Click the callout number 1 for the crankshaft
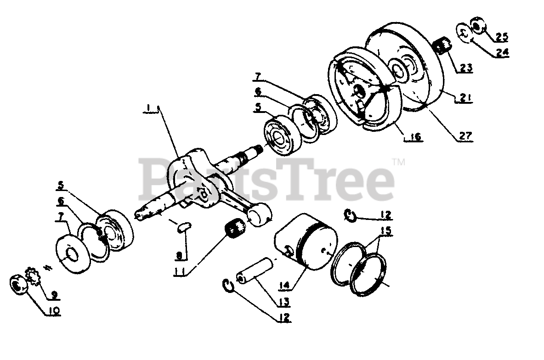pyautogui.click(x=148, y=108)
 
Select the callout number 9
pyautogui.click(x=54, y=295)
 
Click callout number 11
pyautogui.click(x=179, y=271)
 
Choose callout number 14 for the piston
pyautogui.click(x=284, y=285)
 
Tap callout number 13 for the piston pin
pyautogui.click(x=283, y=302)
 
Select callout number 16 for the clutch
pyautogui.click(x=415, y=137)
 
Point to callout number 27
pyautogui.click(x=465, y=135)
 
